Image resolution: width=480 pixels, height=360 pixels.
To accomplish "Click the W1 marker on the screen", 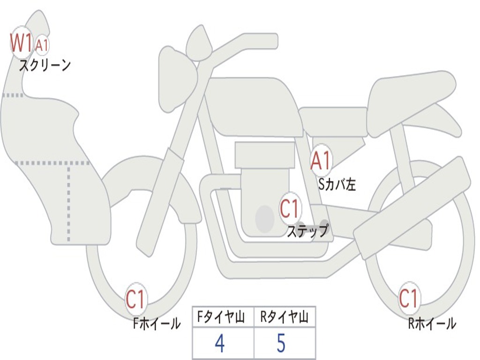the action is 21,43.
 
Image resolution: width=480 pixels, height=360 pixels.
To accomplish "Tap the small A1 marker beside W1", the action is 42,45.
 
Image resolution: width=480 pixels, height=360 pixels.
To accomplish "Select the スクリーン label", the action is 45,65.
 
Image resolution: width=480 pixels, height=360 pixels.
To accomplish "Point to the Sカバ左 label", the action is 337,185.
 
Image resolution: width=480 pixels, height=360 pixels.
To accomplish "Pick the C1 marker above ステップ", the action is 290,209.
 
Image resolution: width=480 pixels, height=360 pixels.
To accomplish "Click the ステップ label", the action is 307,231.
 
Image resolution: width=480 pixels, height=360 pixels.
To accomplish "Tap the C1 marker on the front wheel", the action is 135,299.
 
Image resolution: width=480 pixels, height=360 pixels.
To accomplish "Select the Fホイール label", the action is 157,323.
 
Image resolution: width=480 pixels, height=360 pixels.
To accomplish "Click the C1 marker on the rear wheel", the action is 408,298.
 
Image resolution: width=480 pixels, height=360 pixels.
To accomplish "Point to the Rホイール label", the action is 432,323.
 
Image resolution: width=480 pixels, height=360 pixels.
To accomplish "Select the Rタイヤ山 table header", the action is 284,318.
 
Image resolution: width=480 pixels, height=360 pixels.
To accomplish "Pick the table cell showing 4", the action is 220,344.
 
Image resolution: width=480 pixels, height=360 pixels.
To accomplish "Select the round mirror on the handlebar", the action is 198,44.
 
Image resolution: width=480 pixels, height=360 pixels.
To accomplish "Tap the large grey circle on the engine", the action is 265,218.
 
